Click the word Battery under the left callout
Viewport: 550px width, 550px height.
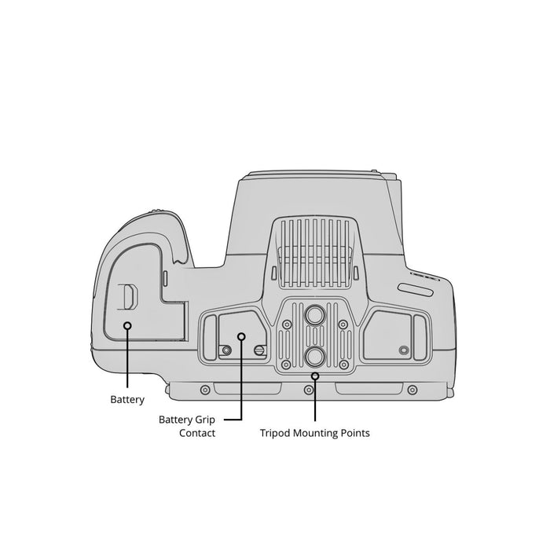tap(127, 399)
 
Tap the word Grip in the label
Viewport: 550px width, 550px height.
tap(203, 420)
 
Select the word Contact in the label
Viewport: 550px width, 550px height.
tap(197, 433)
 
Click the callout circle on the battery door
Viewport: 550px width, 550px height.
tap(127, 326)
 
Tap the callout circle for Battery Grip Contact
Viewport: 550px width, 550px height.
tap(241, 337)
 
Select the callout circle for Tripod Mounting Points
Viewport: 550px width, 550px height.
tap(315, 376)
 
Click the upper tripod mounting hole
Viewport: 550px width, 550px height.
tap(314, 314)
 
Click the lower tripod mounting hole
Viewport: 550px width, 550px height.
tap(314, 357)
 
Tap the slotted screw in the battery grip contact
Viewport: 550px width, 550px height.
tap(258, 350)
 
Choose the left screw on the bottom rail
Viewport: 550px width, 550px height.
tap(205, 390)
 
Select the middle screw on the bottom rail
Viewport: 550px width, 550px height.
tap(309, 390)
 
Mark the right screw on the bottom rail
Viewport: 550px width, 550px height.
tap(412, 390)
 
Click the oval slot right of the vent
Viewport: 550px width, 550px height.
tap(416, 289)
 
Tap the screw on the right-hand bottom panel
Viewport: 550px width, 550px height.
tap(404, 350)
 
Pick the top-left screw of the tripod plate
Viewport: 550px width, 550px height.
tap(287, 324)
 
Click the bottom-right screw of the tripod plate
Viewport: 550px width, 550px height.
tap(344, 365)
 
